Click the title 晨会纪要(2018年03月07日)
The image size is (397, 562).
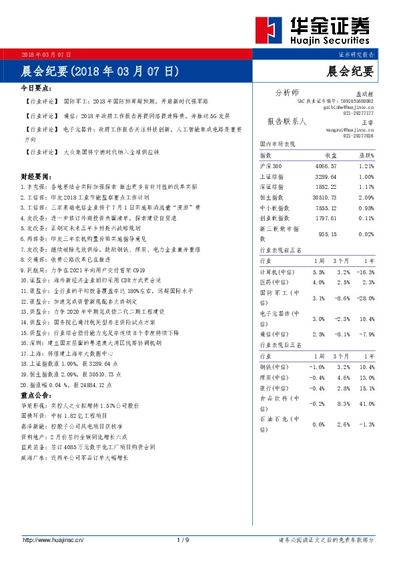click(x=100, y=70)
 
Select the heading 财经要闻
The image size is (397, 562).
click(x=37, y=178)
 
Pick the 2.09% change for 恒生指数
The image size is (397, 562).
click(x=366, y=197)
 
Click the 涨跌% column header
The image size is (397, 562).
click(x=366, y=154)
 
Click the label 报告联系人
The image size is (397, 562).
click(x=286, y=122)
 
